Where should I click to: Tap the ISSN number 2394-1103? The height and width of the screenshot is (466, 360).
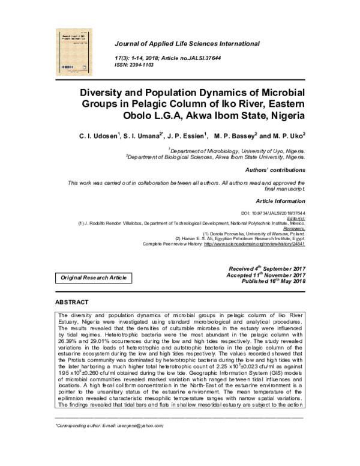[x=149, y=65]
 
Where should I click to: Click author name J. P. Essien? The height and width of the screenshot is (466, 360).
[x=185, y=136]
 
